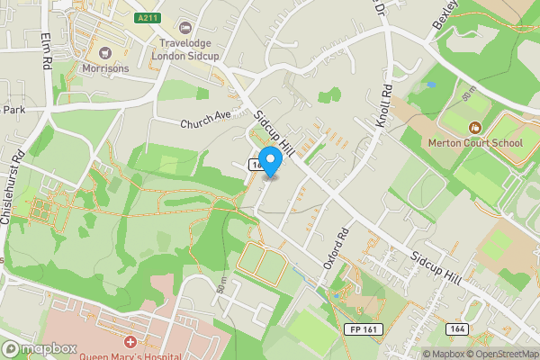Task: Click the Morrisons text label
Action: point(105,68)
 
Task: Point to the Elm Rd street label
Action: point(45,52)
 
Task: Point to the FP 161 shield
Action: point(361,331)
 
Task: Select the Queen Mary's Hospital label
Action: point(135,355)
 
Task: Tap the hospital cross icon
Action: point(130,343)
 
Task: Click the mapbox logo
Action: point(40,348)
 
